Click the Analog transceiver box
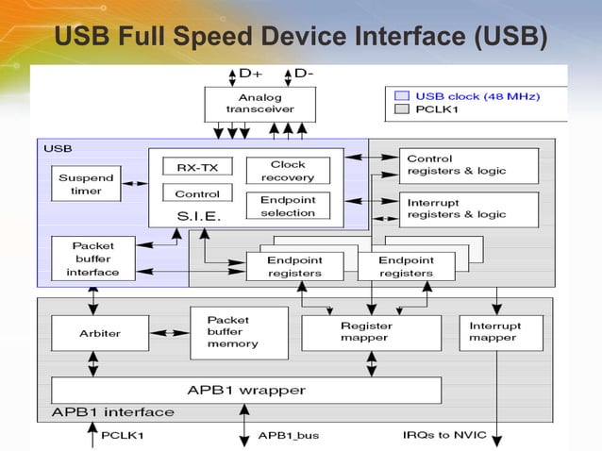[x=259, y=104]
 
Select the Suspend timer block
[x=86, y=184]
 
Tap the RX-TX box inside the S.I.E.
[x=196, y=166]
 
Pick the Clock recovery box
[x=288, y=171]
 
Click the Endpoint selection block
[x=288, y=206]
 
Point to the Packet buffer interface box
[x=92, y=259]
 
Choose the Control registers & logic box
[x=468, y=165]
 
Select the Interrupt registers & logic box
[x=468, y=209]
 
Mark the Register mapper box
[x=371, y=332]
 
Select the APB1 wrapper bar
[x=245, y=390]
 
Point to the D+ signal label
[x=251, y=73]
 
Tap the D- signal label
[x=304, y=73]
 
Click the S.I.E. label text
[x=198, y=216]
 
